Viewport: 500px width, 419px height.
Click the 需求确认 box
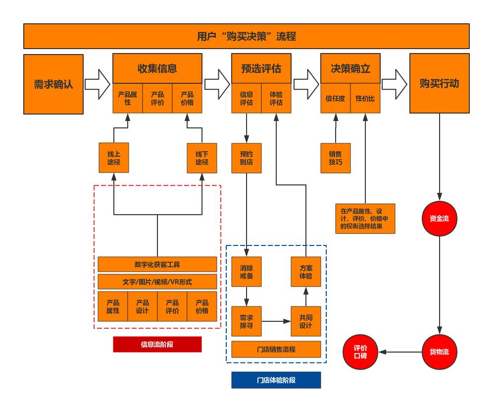pyautogui.click(x=53, y=84)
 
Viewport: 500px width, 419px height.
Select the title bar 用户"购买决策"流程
pyautogui.click(x=246, y=36)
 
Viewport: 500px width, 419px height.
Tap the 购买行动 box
pyautogui.click(x=439, y=84)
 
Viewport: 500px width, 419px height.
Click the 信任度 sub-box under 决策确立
pyautogui.click(x=335, y=98)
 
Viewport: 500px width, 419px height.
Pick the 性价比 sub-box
pyautogui.click(x=365, y=98)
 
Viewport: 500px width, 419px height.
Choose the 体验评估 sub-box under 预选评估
pyautogui.click(x=276, y=98)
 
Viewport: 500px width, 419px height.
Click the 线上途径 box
pyautogui.click(x=113, y=158)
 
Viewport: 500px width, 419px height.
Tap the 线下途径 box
pyautogui.click(x=202, y=158)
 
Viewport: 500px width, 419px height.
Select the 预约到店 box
pyautogui.click(x=246, y=158)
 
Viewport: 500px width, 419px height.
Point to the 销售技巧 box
pyautogui.click(x=335, y=158)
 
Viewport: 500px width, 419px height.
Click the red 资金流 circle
pyautogui.click(x=439, y=218)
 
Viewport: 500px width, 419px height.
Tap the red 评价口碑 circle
pyautogui.click(x=360, y=352)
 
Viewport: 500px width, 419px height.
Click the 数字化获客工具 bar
pyautogui.click(x=157, y=264)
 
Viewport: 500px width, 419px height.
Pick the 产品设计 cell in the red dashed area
pyautogui.click(x=143, y=306)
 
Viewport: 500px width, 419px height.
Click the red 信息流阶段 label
pyautogui.click(x=157, y=344)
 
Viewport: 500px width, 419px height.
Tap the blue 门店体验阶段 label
pyautogui.click(x=276, y=380)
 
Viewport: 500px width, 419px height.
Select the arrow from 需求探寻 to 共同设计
pyautogui.click(x=276, y=321)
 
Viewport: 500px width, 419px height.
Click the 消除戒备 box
pyautogui.click(x=247, y=272)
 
